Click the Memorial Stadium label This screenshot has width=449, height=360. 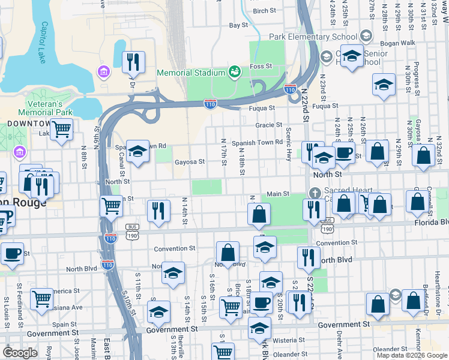[x=190, y=73]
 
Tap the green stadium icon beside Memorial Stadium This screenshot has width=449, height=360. [x=235, y=72]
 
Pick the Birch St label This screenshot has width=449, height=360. [x=264, y=11]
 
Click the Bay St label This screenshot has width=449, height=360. [x=238, y=25]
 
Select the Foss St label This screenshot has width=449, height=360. [x=261, y=66]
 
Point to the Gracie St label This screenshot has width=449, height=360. [x=268, y=125]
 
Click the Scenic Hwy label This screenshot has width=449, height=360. [x=289, y=142]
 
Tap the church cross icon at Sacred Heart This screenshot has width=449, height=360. [x=313, y=193]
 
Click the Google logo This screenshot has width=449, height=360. [x=20, y=353]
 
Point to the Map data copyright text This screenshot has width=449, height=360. [x=411, y=355]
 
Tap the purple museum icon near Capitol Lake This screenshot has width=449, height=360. [x=104, y=72]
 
